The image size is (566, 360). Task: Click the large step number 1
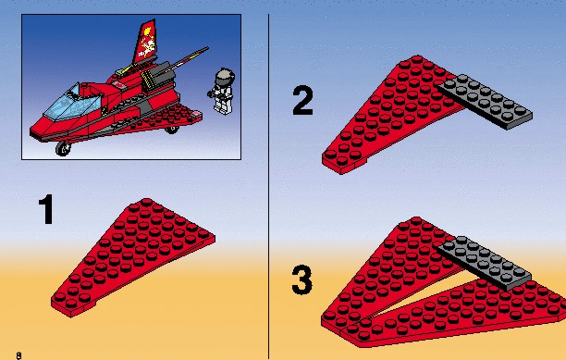pyautogui.click(x=46, y=209)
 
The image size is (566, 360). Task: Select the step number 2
pyautogui.click(x=302, y=100)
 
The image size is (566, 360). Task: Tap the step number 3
pyautogui.click(x=302, y=279)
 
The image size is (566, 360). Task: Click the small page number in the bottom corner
pyautogui.click(x=18, y=355)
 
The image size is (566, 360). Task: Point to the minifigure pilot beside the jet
pyautogui.click(x=221, y=92)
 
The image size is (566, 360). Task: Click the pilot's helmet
pyautogui.click(x=225, y=76)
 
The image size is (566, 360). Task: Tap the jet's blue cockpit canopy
pyautogui.click(x=72, y=103)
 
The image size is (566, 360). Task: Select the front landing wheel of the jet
pyautogui.click(x=64, y=148)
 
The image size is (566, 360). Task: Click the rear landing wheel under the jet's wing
pyautogui.click(x=172, y=129)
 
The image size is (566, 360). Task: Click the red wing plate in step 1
pyautogui.click(x=133, y=257)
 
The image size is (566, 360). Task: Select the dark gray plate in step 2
pyautogui.click(x=485, y=102)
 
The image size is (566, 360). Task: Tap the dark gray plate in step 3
pyautogui.click(x=484, y=263)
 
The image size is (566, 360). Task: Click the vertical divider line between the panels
pyautogui.click(x=268, y=186)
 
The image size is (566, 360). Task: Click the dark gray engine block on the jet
pyautogui.click(x=159, y=77)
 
